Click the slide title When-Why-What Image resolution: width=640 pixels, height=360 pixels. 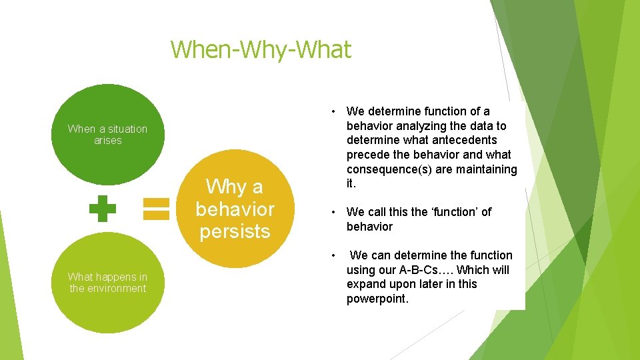point(261,49)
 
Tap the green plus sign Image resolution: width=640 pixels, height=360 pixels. point(102,208)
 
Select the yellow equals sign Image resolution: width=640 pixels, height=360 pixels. point(157,208)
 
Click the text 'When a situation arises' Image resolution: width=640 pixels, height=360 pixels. point(107,135)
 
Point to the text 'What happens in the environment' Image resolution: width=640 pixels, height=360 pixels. point(107,283)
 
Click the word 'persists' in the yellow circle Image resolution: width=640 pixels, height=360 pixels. point(235,231)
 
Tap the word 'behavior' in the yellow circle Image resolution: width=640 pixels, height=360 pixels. point(235,209)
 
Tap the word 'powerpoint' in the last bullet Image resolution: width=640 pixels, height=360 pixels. point(376,299)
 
